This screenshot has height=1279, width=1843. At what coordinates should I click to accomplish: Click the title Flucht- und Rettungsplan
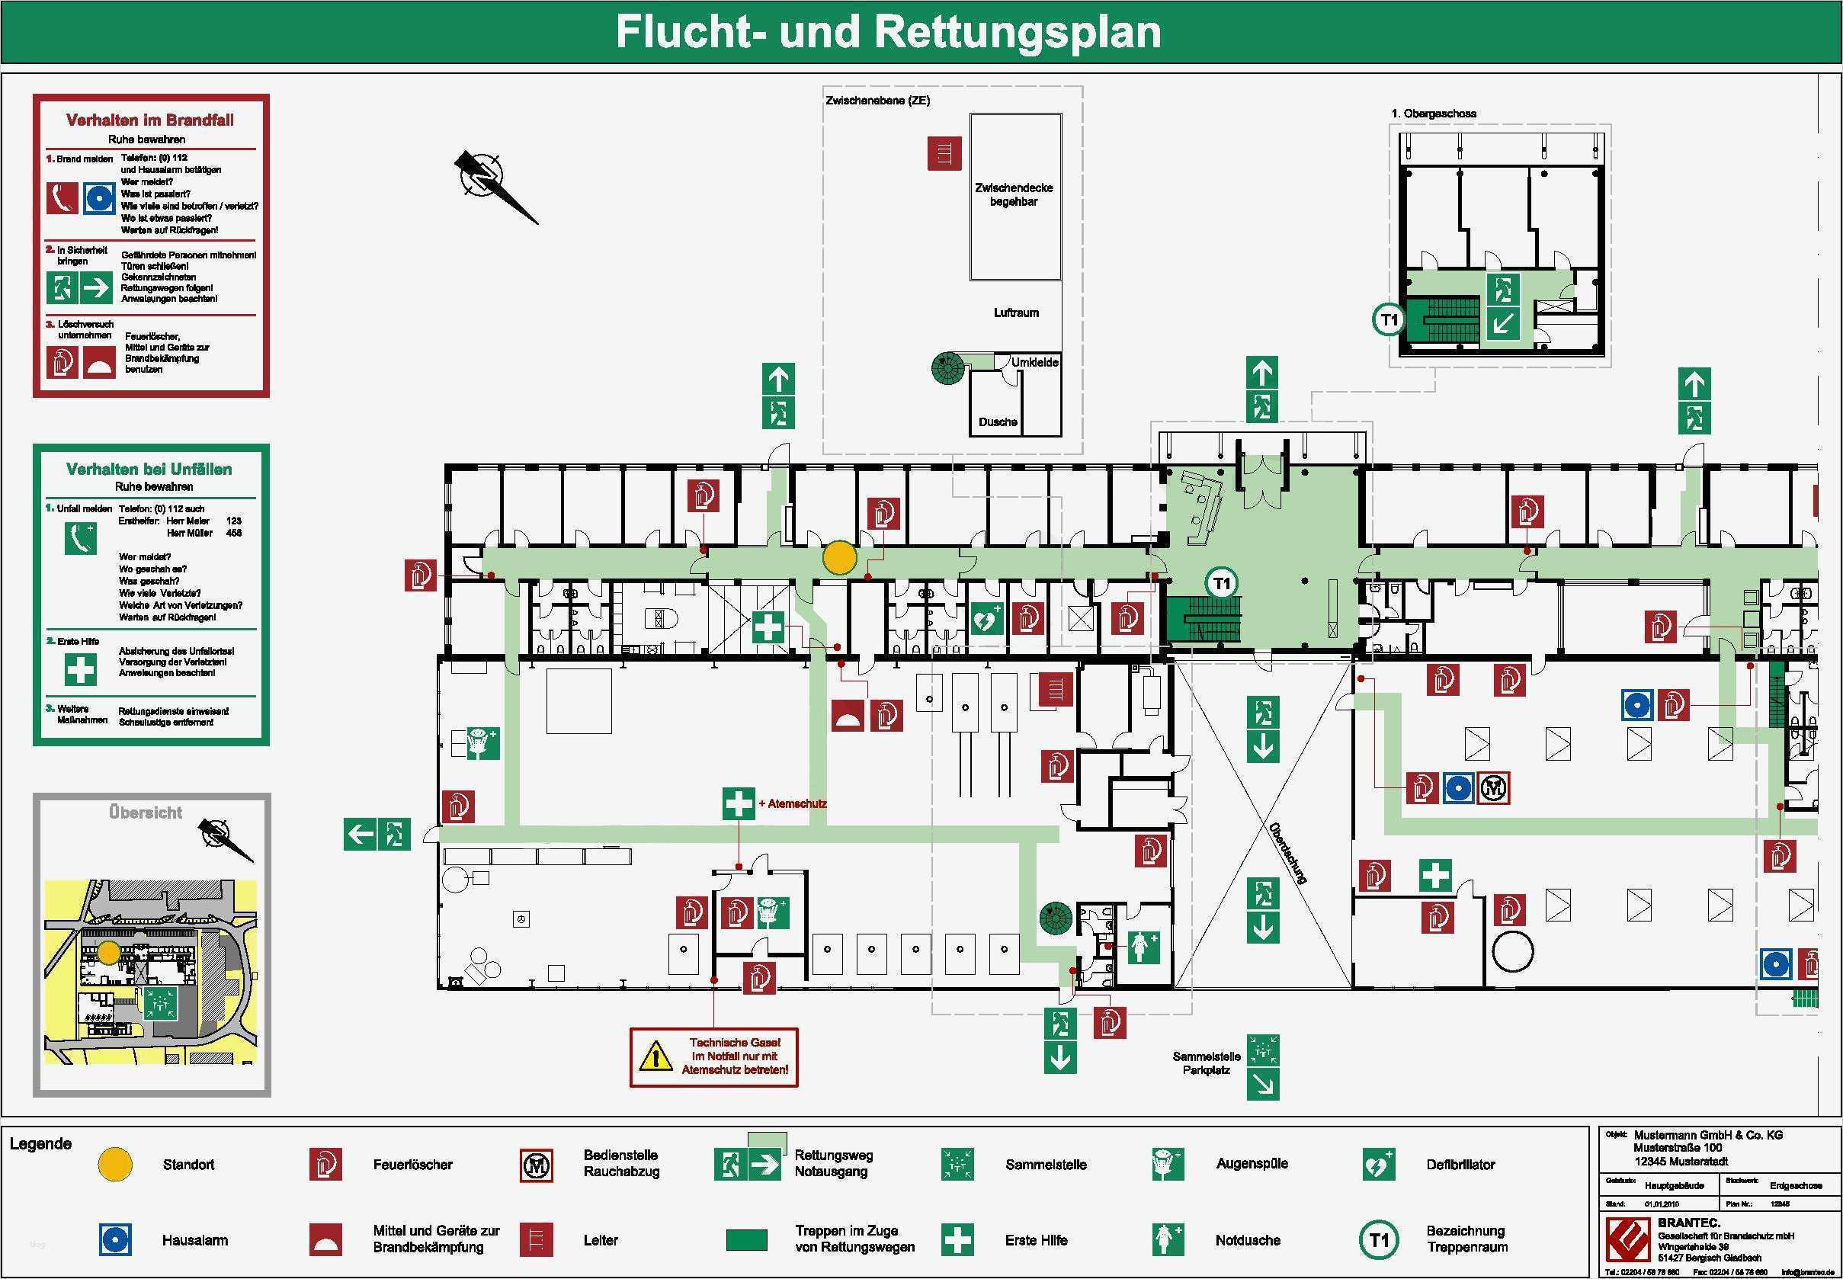tap(888, 32)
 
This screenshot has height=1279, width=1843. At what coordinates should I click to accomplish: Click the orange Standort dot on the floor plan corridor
tap(840, 558)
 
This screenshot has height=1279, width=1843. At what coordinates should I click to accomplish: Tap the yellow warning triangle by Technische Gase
tap(655, 1057)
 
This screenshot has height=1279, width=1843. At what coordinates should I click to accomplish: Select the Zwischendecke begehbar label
tap(1014, 194)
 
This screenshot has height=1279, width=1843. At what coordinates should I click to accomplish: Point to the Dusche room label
tap(998, 422)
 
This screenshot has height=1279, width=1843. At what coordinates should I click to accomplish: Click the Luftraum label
tap(1016, 313)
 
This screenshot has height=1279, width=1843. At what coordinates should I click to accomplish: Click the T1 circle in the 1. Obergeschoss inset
tap(1388, 320)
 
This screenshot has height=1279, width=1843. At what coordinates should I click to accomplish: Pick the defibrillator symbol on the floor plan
tap(986, 619)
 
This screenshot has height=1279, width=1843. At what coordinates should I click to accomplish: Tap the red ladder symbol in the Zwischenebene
tap(944, 153)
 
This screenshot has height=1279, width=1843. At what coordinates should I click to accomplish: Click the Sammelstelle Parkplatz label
tap(1206, 1063)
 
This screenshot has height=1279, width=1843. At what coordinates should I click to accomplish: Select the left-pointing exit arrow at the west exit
tap(360, 834)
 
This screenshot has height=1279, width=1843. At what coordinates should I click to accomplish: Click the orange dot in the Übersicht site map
tap(109, 953)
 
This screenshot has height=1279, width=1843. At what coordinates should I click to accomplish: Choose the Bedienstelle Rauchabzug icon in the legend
tap(536, 1165)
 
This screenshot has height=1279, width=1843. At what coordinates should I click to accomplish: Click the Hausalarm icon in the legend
tap(115, 1239)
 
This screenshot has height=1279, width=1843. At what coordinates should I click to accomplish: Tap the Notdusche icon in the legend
tap(1167, 1239)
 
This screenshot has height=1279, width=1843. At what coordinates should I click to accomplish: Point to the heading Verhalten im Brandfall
tap(150, 120)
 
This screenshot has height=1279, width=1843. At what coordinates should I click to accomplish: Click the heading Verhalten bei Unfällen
tap(149, 469)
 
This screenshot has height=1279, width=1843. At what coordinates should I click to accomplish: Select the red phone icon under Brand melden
tap(62, 198)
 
